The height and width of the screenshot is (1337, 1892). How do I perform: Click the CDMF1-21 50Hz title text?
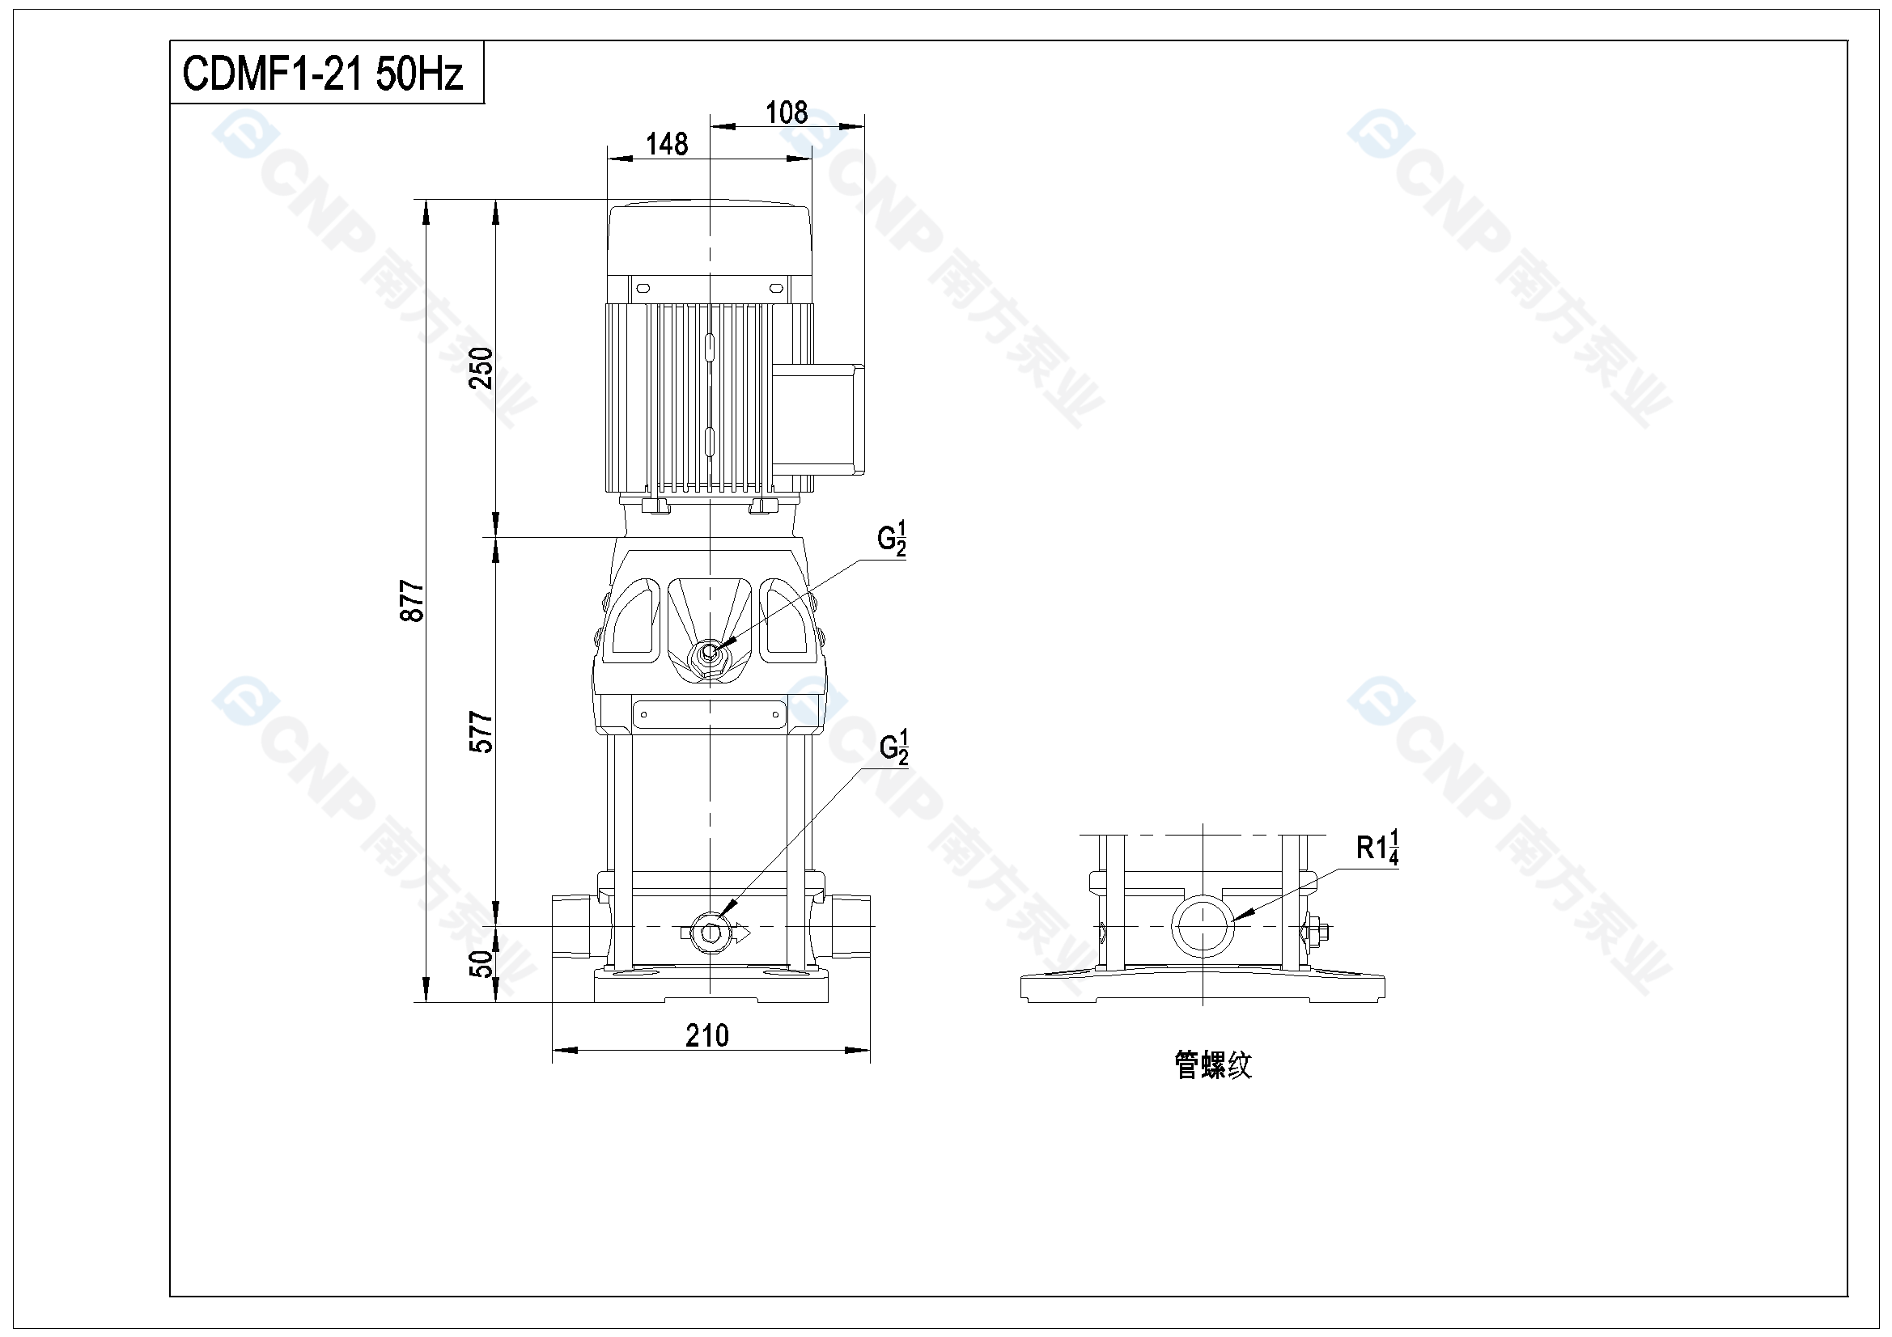[x=323, y=74]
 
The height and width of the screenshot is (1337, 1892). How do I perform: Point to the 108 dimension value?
[x=787, y=113]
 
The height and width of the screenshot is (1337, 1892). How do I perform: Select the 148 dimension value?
[x=667, y=145]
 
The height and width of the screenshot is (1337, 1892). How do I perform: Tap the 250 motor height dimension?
[x=481, y=368]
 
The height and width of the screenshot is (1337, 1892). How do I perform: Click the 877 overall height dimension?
[x=412, y=601]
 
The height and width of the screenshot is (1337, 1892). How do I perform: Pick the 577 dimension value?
[x=481, y=732]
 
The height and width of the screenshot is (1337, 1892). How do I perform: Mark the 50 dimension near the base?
[x=481, y=963]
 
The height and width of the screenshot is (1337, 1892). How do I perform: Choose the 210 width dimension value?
[x=707, y=1035]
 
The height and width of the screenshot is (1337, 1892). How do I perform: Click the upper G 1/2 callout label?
[x=892, y=539]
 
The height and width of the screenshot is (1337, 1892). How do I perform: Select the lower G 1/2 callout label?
[x=894, y=748]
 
